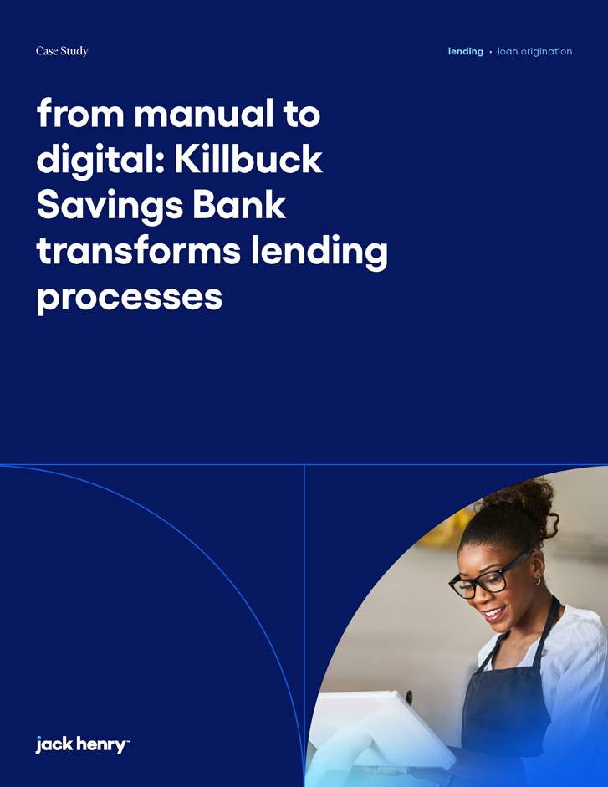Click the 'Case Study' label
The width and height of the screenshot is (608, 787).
[62, 51]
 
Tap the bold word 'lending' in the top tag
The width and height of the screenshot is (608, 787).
[466, 51]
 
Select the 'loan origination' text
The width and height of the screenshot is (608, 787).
[534, 51]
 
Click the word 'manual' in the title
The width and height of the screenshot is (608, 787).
[204, 114]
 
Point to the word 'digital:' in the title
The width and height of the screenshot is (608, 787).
[100, 160]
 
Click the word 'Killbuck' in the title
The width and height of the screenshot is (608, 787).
[248, 159]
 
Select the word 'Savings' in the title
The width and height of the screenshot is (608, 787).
[110, 206]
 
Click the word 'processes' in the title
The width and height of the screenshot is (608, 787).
[130, 298]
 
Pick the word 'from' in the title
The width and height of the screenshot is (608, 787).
[80, 114]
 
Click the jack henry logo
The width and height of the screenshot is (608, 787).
[82, 744]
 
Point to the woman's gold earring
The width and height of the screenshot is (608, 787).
[537, 580]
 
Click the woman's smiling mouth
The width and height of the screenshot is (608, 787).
[494, 613]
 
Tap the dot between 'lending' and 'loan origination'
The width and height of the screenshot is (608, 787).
[491, 52]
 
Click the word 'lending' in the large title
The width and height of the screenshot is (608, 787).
[319, 253]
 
